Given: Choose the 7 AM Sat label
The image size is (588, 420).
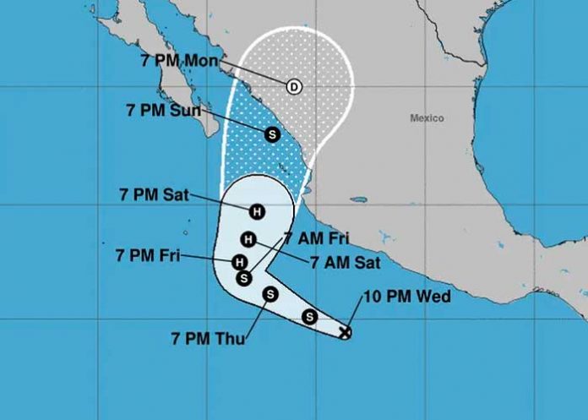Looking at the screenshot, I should pos(345,263).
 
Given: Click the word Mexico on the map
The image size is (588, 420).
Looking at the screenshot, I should pos(427,118).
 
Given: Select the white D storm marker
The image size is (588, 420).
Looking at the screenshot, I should pos(294,86).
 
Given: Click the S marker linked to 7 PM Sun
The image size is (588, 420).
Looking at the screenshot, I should pos(272,134).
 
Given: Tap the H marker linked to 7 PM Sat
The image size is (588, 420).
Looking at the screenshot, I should pos(255,210).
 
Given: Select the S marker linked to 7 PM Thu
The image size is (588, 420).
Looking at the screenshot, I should pos(270,294).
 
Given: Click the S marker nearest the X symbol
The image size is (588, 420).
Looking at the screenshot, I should pos(309,317).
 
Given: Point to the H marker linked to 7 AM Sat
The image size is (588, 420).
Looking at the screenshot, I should pos(248,238).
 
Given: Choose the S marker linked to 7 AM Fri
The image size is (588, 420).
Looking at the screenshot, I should pos(244,276).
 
